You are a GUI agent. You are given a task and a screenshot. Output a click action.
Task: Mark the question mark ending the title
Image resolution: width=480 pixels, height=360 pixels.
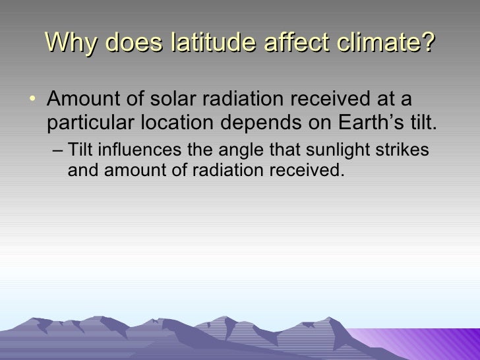(x=429, y=44)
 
